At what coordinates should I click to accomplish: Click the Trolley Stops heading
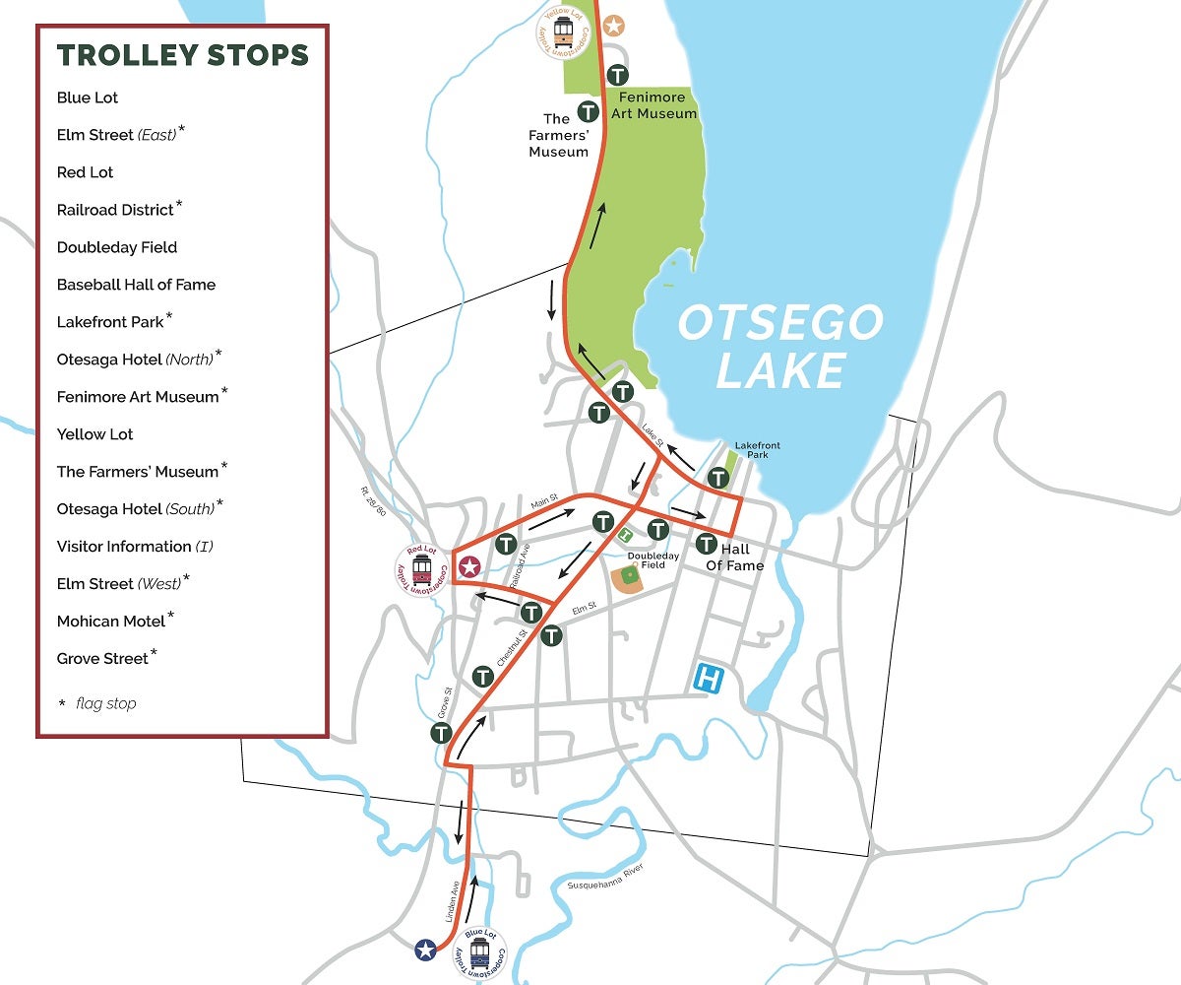pos(183,55)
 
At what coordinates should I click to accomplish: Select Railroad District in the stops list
pos(115,210)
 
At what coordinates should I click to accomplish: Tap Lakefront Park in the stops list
pos(110,322)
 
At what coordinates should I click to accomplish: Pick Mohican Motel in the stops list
pos(111,622)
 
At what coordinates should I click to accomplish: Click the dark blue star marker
pos(425,950)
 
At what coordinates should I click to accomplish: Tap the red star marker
pos(469,566)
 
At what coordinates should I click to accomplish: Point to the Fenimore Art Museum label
pos(657,105)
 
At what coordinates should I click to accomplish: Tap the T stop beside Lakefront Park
pos(719,479)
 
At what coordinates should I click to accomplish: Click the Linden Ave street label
pos(451,900)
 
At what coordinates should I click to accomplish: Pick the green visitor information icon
pos(625,534)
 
